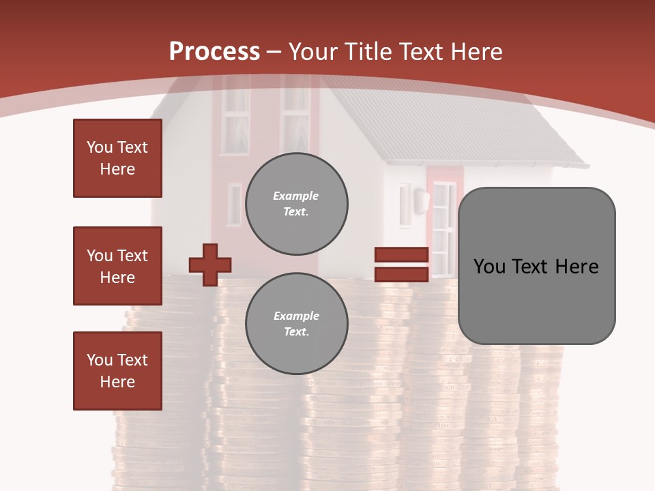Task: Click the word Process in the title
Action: [x=214, y=52]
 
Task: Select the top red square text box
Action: [x=117, y=158]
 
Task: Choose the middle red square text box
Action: [x=117, y=266]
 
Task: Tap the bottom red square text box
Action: [x=117, y=371]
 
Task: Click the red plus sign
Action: [x=210, y=265]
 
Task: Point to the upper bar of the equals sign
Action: [x=401, y=255]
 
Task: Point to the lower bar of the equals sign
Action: [x=401, y=274]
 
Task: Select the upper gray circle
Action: [x=297, y=204]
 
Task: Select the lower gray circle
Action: [x=297, y=324]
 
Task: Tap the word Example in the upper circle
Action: [x=296, y=196]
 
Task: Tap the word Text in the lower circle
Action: [x=296, y=332]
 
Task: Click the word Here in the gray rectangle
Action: [x=577, y=267]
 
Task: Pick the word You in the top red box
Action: [x=99, y=147]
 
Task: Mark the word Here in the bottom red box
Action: [x=117, y=382]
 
